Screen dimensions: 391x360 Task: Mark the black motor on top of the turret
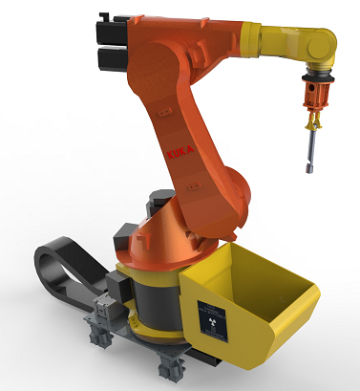point(157,206)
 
